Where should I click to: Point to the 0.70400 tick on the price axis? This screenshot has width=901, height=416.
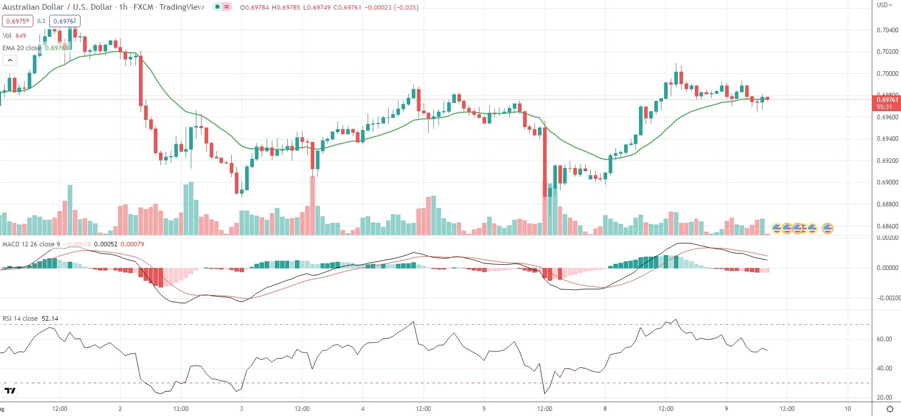click(887, 30)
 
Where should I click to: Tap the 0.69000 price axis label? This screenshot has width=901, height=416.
click(887, 182)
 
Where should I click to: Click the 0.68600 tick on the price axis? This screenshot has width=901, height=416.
click(887, 226)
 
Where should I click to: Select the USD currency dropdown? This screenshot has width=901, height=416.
click(884, 5)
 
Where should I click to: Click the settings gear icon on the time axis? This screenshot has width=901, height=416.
click(890, 409)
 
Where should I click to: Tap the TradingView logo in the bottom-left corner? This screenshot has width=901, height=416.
click(10, 391)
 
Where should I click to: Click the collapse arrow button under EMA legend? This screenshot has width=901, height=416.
click(10, 60)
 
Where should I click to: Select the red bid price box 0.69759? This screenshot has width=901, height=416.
click(17, 21)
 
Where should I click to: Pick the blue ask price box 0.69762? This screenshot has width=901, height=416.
click(65, 21)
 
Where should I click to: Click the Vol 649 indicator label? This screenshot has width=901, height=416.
click(14, 36)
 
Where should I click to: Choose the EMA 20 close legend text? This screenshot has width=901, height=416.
click(22, 48)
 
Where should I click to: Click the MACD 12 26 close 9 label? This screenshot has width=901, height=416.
click(31, 244)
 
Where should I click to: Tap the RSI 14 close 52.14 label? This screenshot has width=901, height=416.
click(30, 319)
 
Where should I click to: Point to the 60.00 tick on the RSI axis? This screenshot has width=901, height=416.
click(884, 339)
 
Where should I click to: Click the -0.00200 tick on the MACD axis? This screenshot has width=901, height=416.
click(887, 298)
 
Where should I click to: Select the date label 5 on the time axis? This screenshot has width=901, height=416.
click(484, 409)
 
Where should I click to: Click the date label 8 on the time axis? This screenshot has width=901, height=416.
click(605, 409)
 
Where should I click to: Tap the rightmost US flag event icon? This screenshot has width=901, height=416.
click(827, 228)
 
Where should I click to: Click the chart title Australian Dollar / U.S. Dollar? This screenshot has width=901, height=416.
click(57, 7)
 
